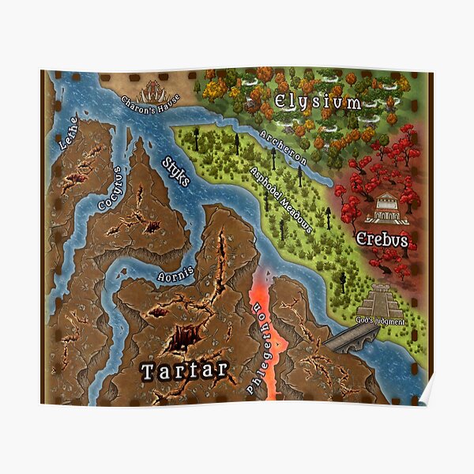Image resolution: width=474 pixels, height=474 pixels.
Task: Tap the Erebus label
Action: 382,239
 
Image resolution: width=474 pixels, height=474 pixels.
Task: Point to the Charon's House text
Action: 150,100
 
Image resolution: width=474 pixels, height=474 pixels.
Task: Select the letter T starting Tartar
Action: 147,370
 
